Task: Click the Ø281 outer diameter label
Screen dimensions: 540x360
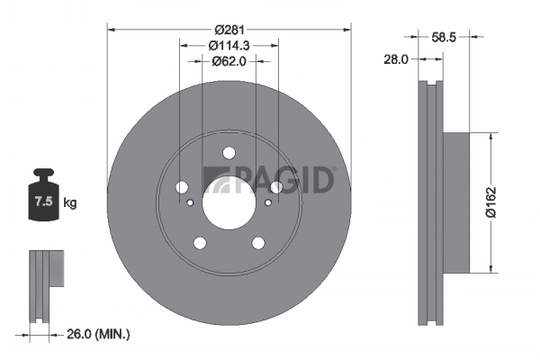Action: click(x=229, y=30)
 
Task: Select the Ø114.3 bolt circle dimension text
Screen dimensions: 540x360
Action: click(x=229, y=45)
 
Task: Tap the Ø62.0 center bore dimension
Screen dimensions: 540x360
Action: click(x=229, y=61)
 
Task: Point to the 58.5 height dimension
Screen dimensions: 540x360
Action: click(x=444, y=37)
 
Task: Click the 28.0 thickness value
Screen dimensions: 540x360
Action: click(x=396, y=59)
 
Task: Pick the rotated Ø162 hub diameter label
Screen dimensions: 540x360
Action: click(x=491, y=202)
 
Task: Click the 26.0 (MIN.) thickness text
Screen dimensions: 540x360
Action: click(x=98, y=334)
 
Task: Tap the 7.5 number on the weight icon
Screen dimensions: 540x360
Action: click(x=43, y=201)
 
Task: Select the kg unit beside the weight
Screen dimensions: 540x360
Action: click(x=70, y=202)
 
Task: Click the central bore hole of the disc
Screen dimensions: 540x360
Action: click(x=229, y=202)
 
